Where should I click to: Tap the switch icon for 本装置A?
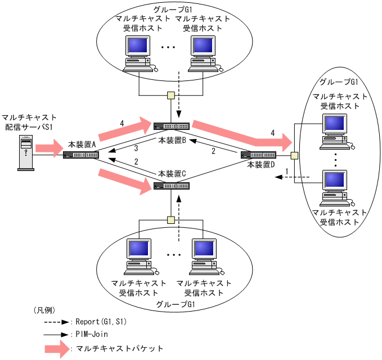pyautogui.click(x=80, y=155)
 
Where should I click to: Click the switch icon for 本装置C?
pyautogui.click(x=172, y=186)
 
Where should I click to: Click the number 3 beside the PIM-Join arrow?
pyautogui.click(x=136, y=148)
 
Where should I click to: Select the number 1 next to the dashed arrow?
pyautogui.click(x=287, y=170)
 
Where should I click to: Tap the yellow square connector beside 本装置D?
pyautogui.click(x=294, y=155)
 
